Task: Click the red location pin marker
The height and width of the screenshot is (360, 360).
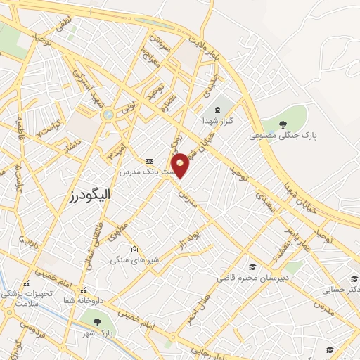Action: [x=180, y=165]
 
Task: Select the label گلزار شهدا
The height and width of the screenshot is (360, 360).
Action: [x=221, y=121]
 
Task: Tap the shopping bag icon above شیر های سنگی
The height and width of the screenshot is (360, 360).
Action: [x=135, y=249]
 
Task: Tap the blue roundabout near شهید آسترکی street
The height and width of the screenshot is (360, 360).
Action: [x=108, y=114]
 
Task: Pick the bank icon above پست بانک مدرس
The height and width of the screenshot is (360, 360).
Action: [x=148, y=161]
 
